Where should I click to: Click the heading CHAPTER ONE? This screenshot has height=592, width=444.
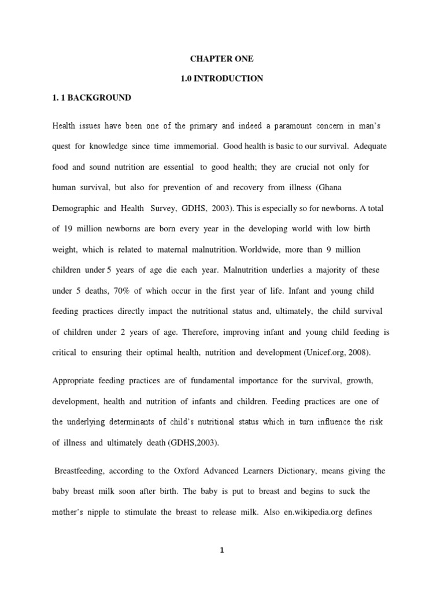pyautogui.click(x=221, y=59)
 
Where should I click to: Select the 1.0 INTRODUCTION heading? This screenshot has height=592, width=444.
pyautogui.click(x=221, y=79)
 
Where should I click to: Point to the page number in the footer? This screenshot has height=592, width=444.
pyautogui.click(x=221, y=550)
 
